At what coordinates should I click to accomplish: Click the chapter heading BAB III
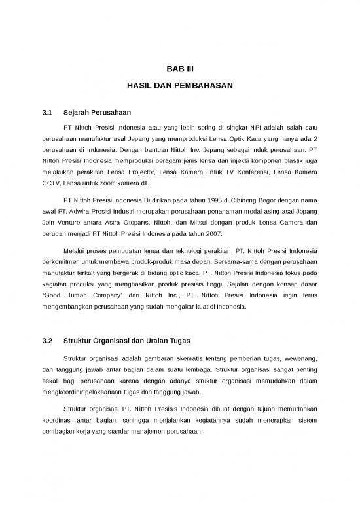coord(179,69)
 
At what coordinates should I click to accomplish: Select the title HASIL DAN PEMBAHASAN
coord(179,86)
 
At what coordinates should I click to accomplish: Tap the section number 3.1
coord(46,113)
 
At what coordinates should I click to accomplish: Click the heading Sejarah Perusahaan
coord(93,113)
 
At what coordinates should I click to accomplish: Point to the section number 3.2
coord(46,341)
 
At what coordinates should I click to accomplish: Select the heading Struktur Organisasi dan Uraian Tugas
coord(127,341)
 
